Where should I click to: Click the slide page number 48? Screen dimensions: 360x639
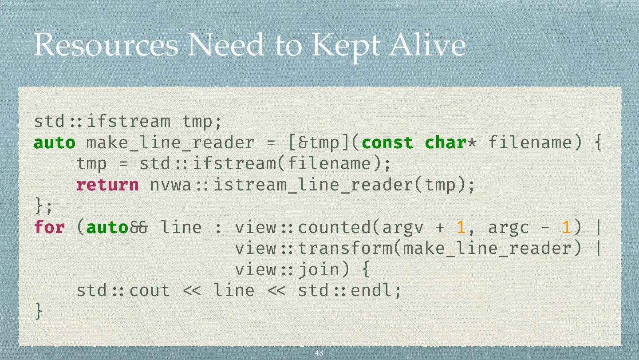point(319,353)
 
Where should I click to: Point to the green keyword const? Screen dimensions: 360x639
point(387,142)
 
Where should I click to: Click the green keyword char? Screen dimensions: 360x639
point(446,142)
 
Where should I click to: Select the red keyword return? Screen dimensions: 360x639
point(107,185)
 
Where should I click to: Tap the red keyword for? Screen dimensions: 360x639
point(49,227)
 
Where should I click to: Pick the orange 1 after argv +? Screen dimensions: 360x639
point(461,227)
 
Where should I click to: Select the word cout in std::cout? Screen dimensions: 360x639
point(150,291)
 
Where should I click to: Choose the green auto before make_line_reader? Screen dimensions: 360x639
point(55,142)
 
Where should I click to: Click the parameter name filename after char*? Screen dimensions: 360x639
point(530,142)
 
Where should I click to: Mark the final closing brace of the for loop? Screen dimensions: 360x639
point(39,312)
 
